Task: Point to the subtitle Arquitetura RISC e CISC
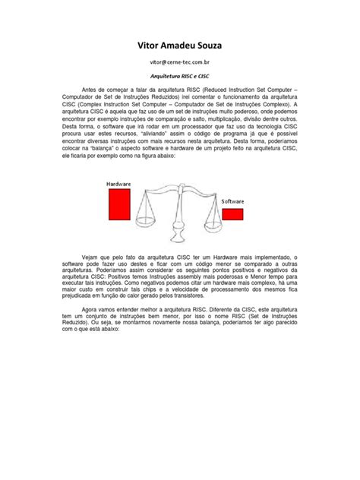coord(180,78)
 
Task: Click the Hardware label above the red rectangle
coord(119,184)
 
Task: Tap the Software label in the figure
coord(232,201)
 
